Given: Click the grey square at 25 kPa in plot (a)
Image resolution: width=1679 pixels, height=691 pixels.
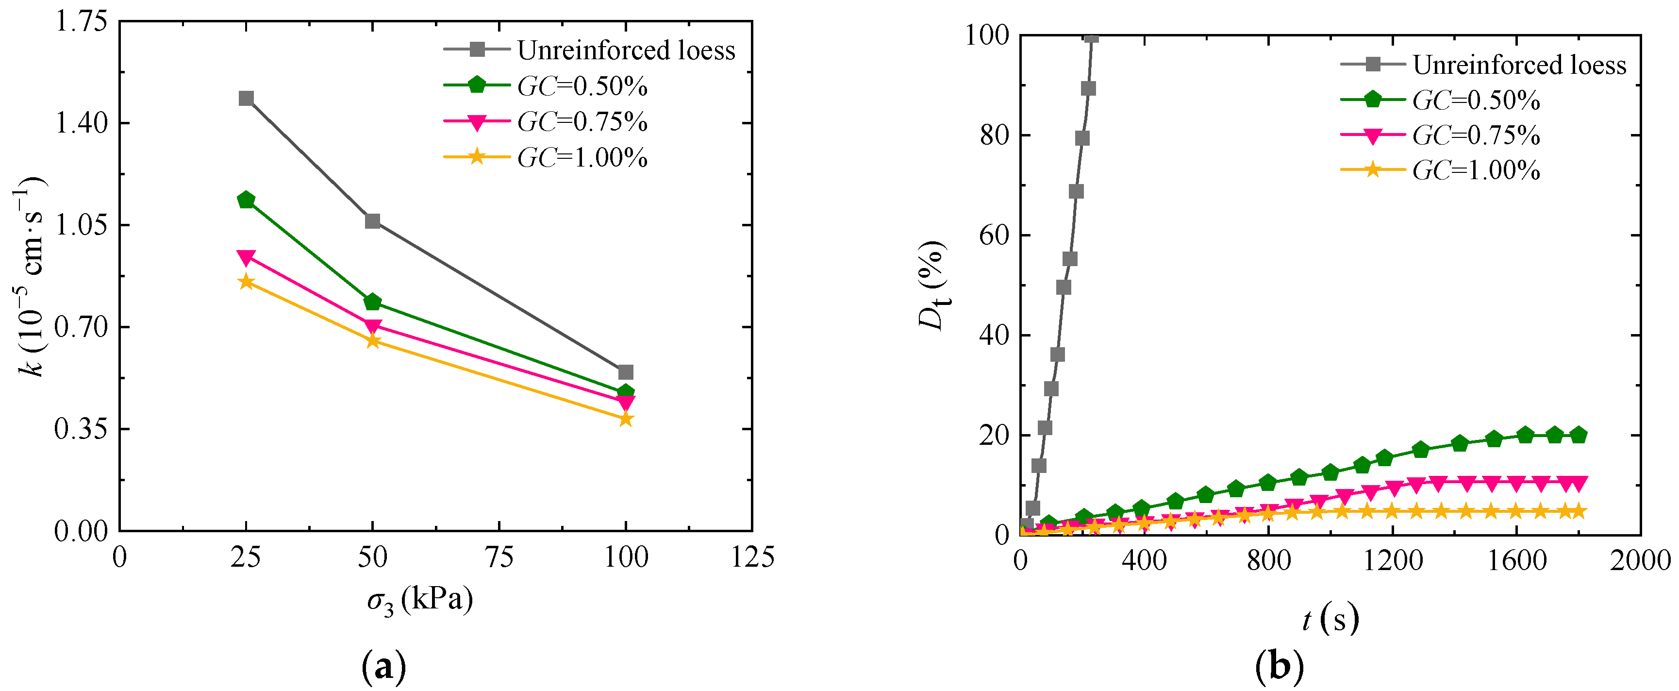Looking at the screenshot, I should click(x=246, y=99).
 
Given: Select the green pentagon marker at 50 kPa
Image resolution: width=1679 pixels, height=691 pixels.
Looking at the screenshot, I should click(x=372, y=302).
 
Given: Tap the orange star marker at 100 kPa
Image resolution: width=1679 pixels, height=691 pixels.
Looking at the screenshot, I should click(x=625, y=419).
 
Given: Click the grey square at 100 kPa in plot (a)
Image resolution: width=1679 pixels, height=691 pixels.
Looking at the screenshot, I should click(x=625, y=372).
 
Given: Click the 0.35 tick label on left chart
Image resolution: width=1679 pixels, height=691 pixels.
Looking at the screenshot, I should click(x=81, y=429).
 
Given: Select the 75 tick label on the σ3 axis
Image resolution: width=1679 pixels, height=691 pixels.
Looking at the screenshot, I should click(x=499, y=558).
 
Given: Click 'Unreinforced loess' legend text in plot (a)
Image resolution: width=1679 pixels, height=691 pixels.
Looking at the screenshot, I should click(x=626, y=50).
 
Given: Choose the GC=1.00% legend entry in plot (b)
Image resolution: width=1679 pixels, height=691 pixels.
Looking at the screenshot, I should click(x=1476, y=171).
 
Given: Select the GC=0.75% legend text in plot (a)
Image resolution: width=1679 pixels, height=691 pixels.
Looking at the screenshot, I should click(x=582, y=121).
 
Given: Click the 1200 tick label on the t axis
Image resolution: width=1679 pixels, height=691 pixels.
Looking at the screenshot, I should click(x=1393, y=561).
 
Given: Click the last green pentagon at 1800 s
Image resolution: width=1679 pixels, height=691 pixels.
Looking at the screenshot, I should click(x=1578, y=435).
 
